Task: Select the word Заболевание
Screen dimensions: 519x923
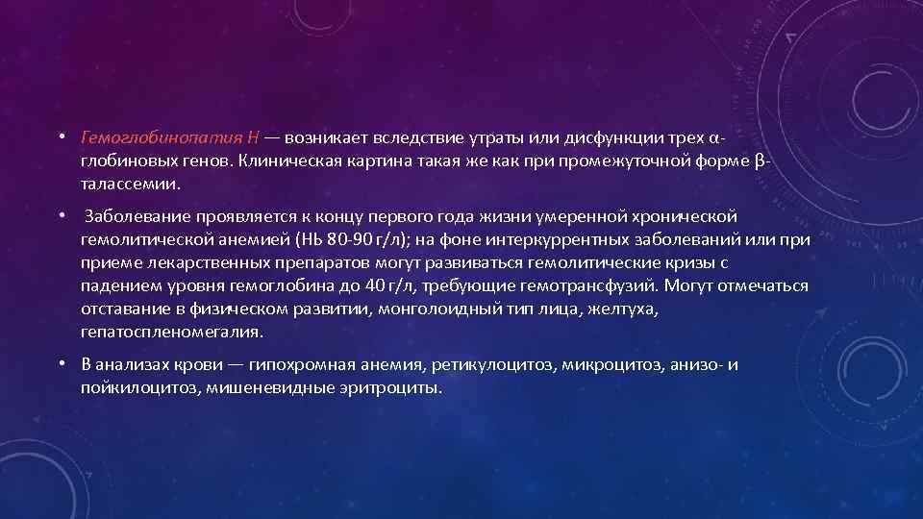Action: pyautogui.click(x=132, y=216)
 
